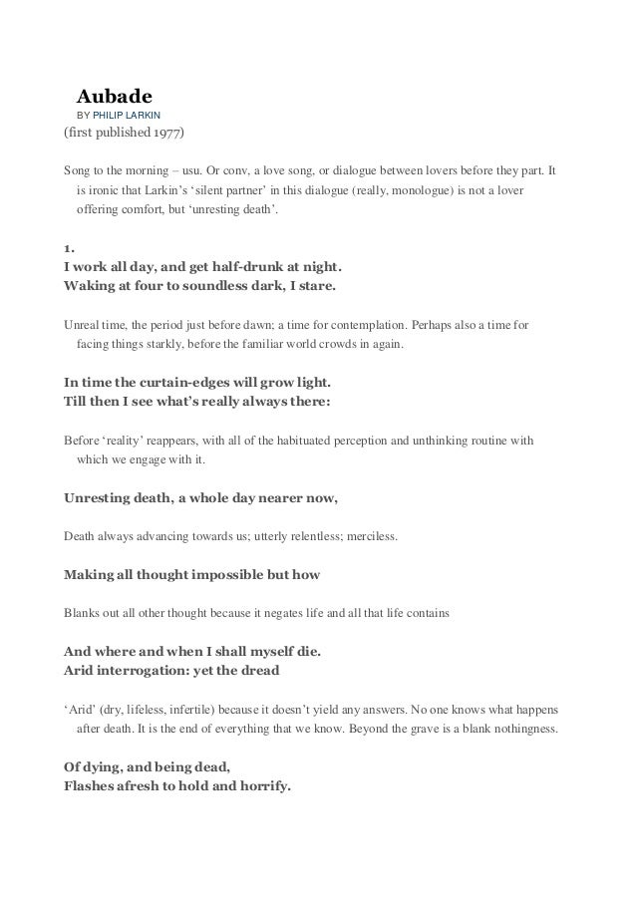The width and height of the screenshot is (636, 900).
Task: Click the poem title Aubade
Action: click(114, 97)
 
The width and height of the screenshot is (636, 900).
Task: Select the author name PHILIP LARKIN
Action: click(133, 117)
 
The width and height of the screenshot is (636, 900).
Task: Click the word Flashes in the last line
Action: click(95, 785)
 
